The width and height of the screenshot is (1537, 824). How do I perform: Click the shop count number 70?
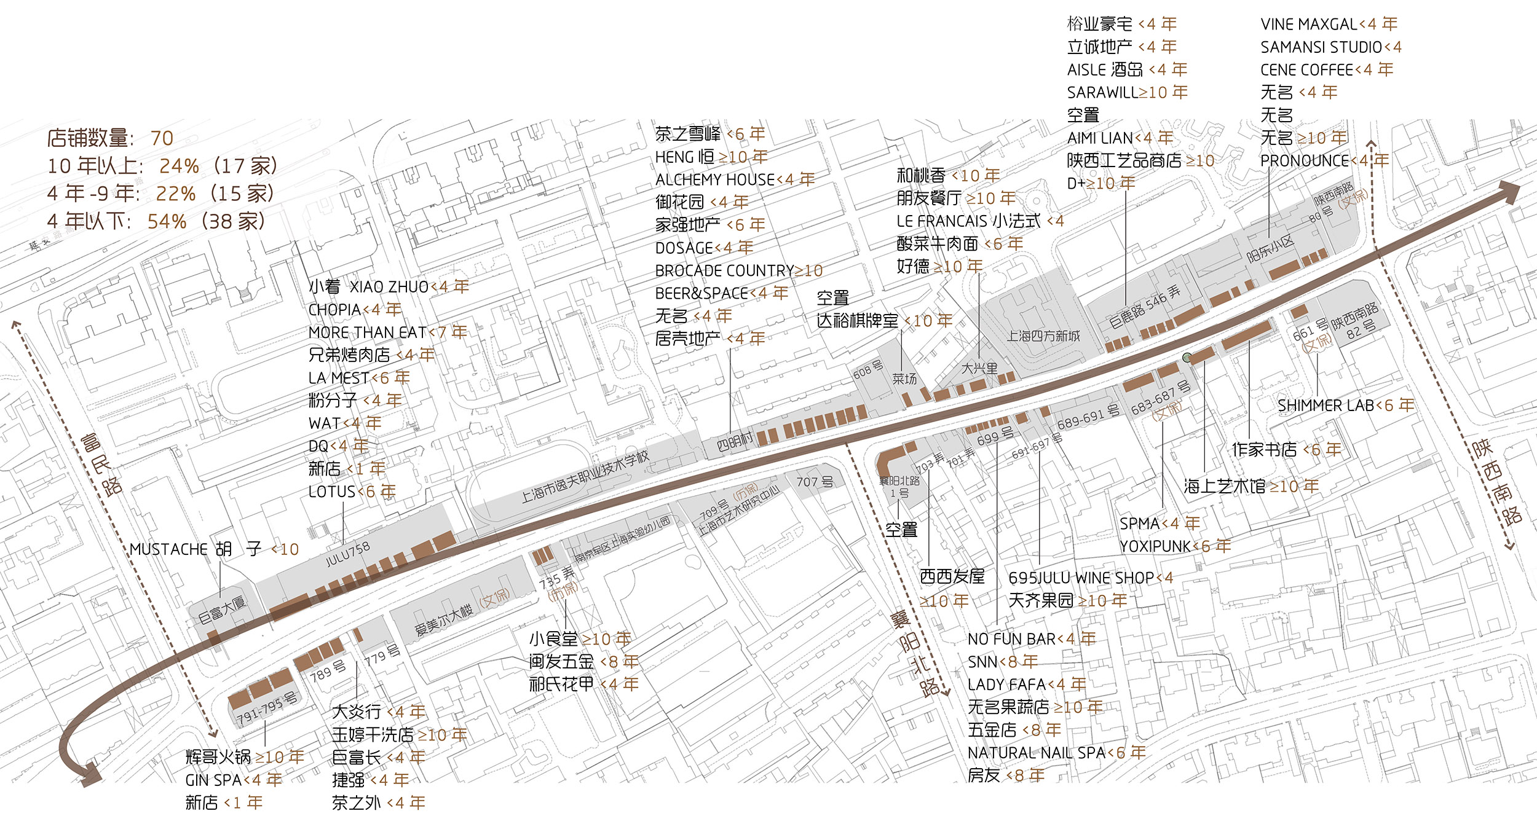(x=162, y=138)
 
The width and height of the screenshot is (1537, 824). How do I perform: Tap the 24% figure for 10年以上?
(x=179, y=166)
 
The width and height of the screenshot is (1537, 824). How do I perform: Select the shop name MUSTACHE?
(x=168, y=549)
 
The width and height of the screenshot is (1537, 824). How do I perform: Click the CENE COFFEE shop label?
(x=1306, y=70)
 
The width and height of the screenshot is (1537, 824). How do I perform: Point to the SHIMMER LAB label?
(x=1326, y=406)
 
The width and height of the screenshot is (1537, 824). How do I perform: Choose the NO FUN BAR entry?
(x=1011, y=639)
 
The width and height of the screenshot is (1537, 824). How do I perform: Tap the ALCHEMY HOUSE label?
(x=715, y=179)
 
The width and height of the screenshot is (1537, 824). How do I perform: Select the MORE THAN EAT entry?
(x=368, y=332)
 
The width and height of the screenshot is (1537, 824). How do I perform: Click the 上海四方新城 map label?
(x=1043, y=336)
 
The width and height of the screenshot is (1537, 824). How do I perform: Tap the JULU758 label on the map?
(x=347, y=554)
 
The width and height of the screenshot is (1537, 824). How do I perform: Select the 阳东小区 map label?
(x=1271, y=249)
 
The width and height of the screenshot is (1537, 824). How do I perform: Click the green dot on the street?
(x=1187, y=357)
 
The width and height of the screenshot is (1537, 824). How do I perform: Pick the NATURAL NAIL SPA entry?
(x=1037, y=753)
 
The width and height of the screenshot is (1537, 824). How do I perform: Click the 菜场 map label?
(x=904, y=379)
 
